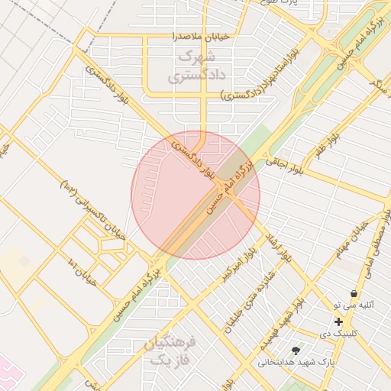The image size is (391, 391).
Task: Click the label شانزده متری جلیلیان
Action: point(244,309)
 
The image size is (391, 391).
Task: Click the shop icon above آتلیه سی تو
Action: point(354,294)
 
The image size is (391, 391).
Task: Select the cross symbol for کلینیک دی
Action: point(338,322)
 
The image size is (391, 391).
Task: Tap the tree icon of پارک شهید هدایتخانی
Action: point(296,349)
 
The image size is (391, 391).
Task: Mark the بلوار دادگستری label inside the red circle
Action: point(192,154)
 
